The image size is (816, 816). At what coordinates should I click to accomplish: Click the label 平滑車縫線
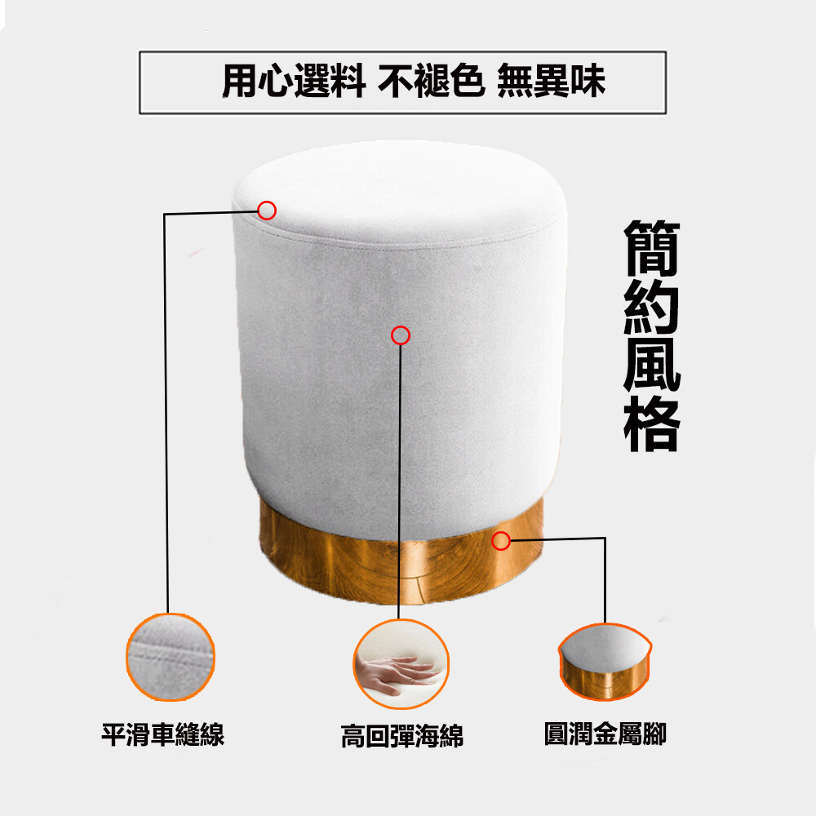pyautogui.click(x=163, y=735)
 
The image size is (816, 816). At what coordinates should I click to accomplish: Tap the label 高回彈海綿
pyautogui.click(x=401, y=736)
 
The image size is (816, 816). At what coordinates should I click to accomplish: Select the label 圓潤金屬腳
pyautogui.click(x=605, y=734)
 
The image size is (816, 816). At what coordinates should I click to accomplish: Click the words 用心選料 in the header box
pyautogui.click(x=294, y=81)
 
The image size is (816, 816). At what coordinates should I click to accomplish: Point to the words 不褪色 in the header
pyautogui.click(x=432, y=81)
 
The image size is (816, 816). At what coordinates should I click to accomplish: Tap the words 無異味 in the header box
pyautogui.click(x=551, y=81)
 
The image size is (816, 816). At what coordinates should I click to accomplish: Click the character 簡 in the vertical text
pyautogui.click(x=652, y=248)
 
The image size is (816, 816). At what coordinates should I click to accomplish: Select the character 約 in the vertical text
pyautogui.click(x=652, y=307)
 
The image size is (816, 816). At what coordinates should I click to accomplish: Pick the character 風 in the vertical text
pyautogui.click(x=652, y=366)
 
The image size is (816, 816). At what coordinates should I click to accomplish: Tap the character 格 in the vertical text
pyautogui.click(x=652, y=424)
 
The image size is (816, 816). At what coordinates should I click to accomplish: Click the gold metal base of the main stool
pyautogui.click(x=401, y=567)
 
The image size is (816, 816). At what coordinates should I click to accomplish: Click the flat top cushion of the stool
pyautogui.click(x=400, y=193)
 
